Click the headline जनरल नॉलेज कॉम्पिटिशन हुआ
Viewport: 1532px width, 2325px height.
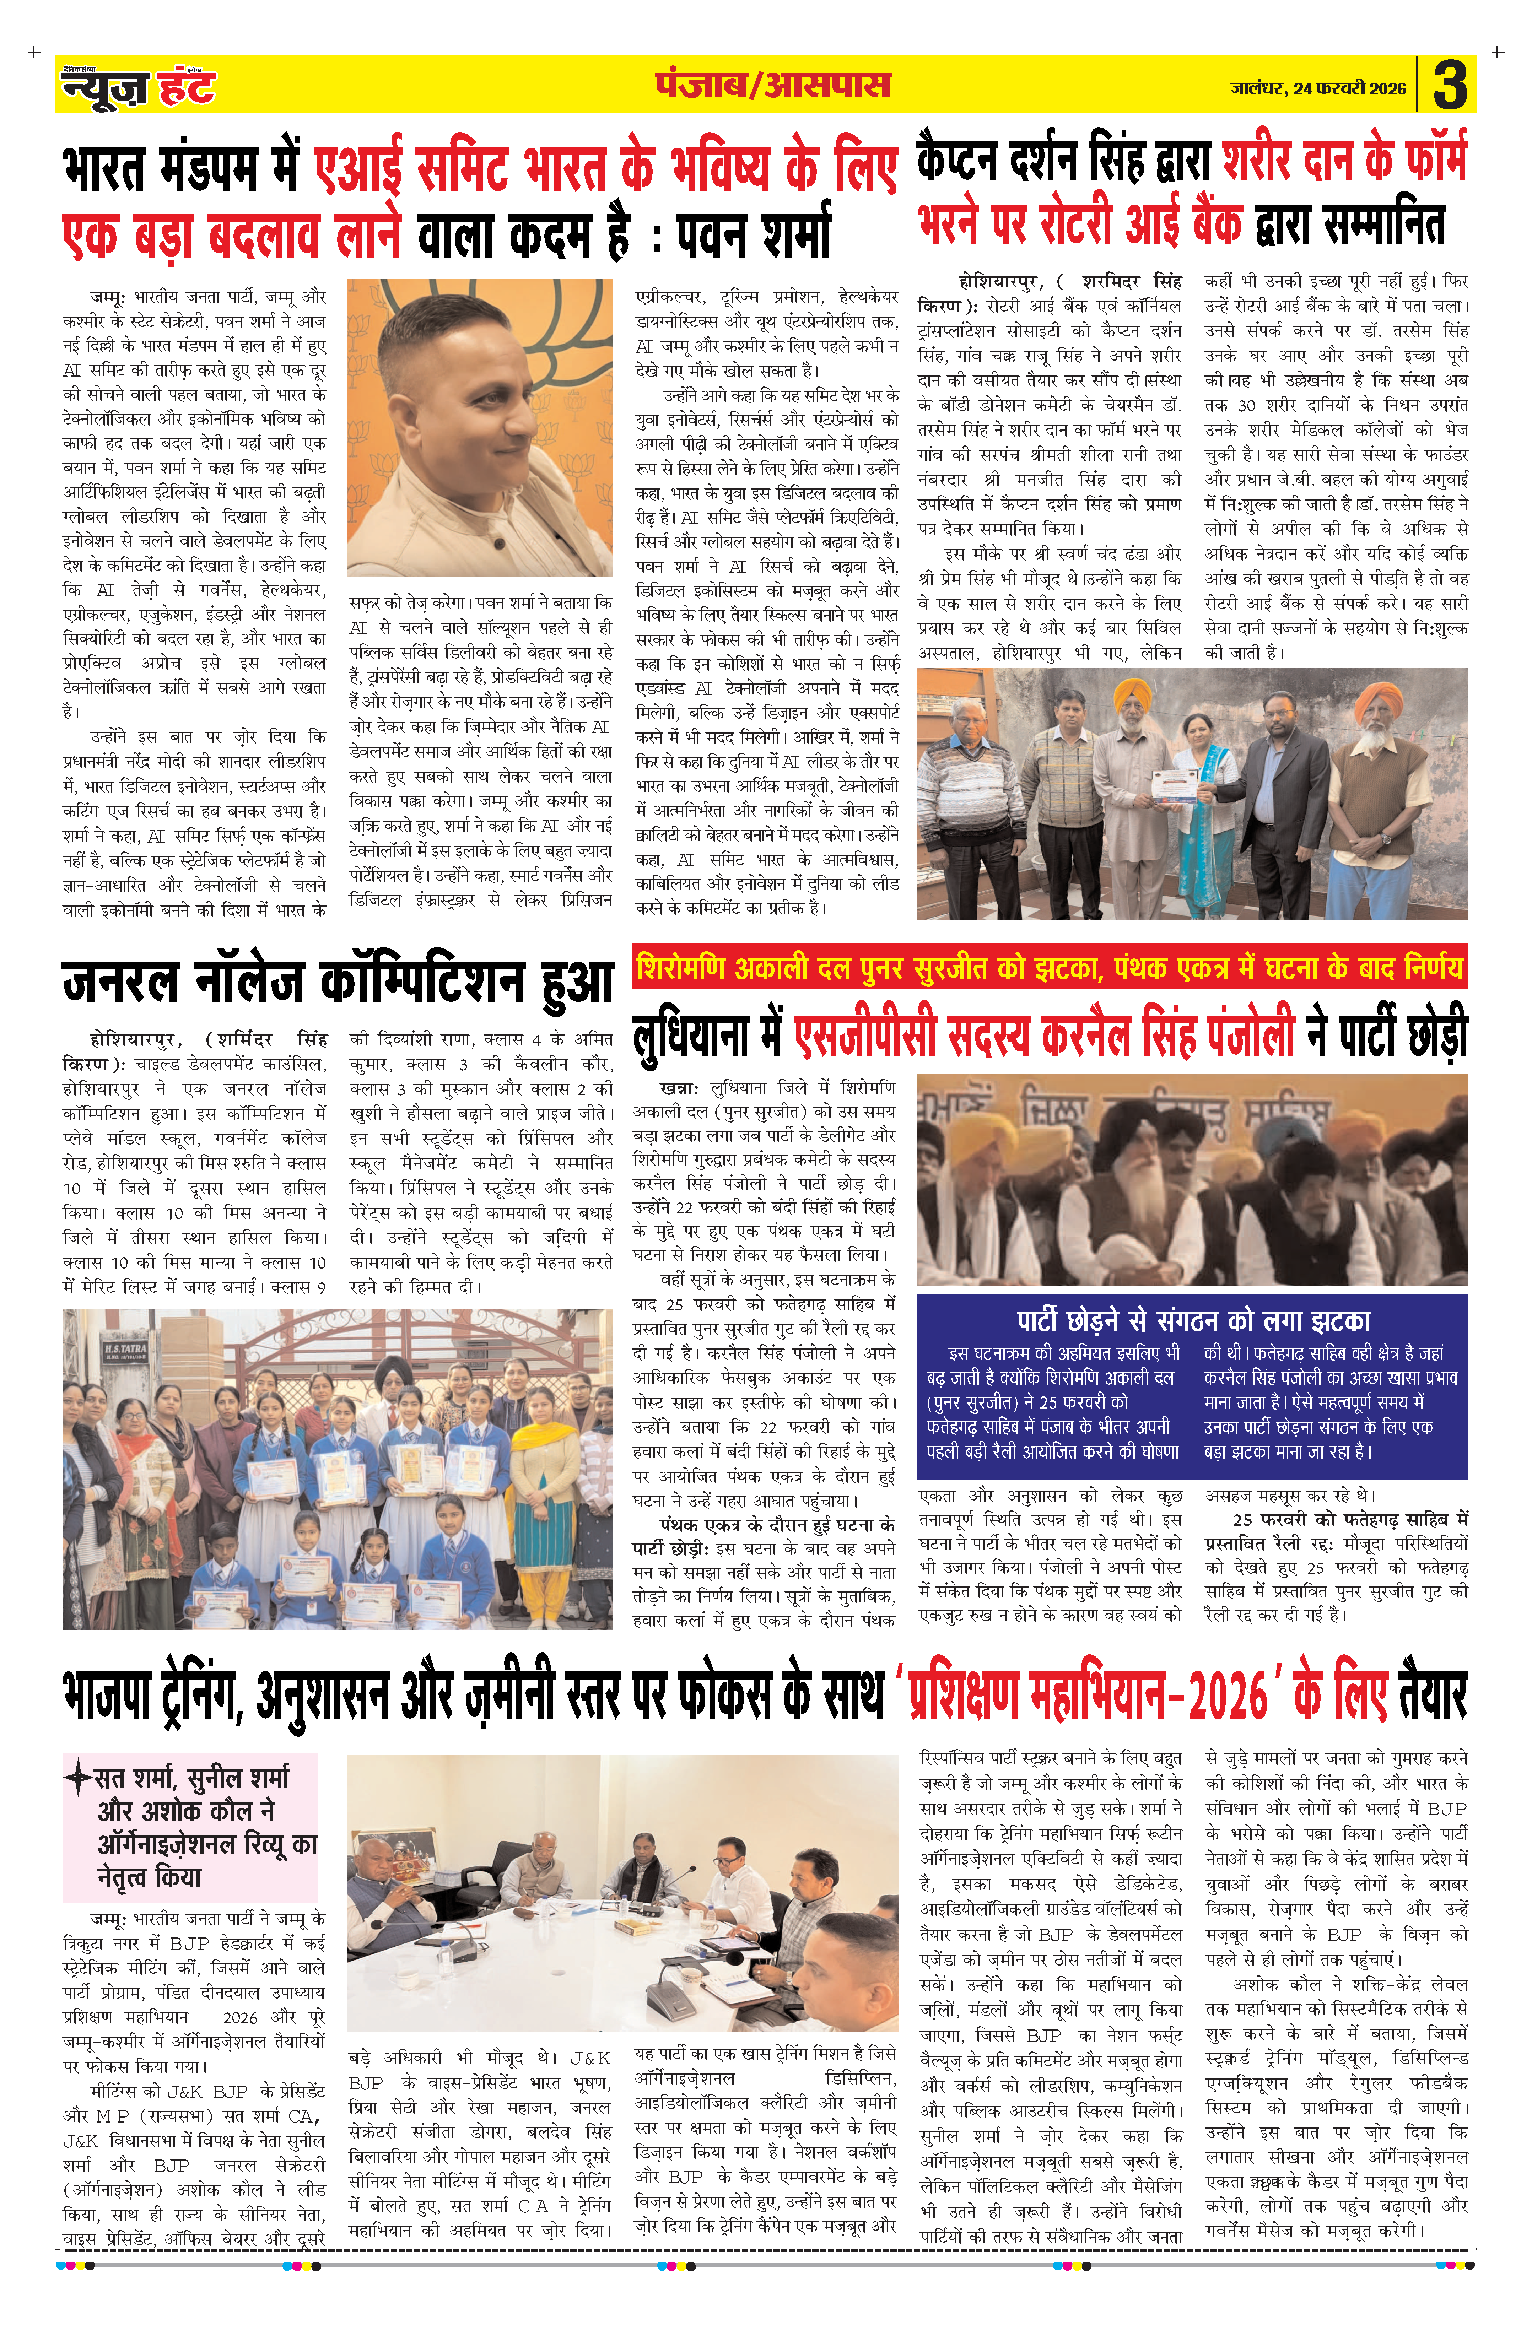point(337,982)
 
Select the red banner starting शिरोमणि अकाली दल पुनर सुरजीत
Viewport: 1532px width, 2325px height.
point(1050,968)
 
